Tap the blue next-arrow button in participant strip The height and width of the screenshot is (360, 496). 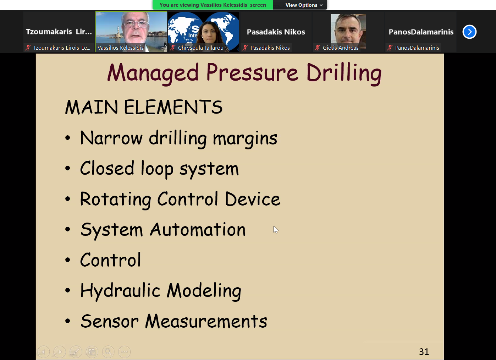[469, 32]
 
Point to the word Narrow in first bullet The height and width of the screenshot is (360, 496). [111, 138]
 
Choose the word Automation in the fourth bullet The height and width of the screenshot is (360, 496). [198, 229]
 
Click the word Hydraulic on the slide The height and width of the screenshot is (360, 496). [120, 290]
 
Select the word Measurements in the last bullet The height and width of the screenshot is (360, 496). [206, 321]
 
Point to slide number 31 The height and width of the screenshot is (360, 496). [424, 351]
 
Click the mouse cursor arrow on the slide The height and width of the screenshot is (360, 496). [275, 229]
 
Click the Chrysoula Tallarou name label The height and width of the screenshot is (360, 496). [200, 48]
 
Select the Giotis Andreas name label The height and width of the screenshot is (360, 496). [341, 48]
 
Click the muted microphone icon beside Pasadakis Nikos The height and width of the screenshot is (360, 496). [245, 48]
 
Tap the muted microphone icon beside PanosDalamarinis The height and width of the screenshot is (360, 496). [390, 48]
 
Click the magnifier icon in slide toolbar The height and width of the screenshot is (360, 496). [108, 351]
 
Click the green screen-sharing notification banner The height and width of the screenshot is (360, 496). [213, 5]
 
